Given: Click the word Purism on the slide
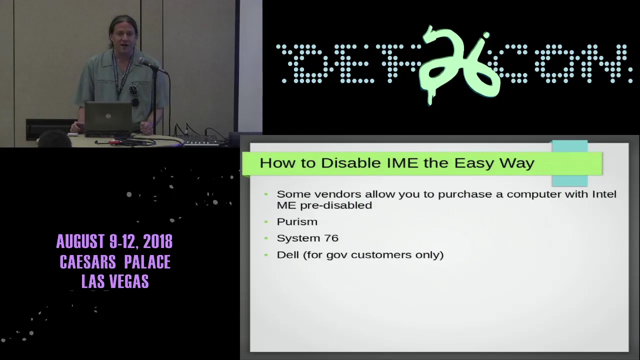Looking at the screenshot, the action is pos(297,221).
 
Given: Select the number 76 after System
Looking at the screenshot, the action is pos(331,238).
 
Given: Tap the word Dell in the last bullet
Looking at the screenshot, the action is pos(287,254).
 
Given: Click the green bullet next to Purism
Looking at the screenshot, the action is pos(266,221).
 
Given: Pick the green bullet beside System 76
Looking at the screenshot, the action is pos(266,238).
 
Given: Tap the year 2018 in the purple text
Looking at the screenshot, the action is pos(157,241).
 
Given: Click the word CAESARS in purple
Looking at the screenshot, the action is pos(87,261).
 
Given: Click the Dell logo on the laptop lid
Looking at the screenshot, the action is pos(108,115).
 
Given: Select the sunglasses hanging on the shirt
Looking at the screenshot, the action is pos(133,95).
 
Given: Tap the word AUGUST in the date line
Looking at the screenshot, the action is pos(80,241).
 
